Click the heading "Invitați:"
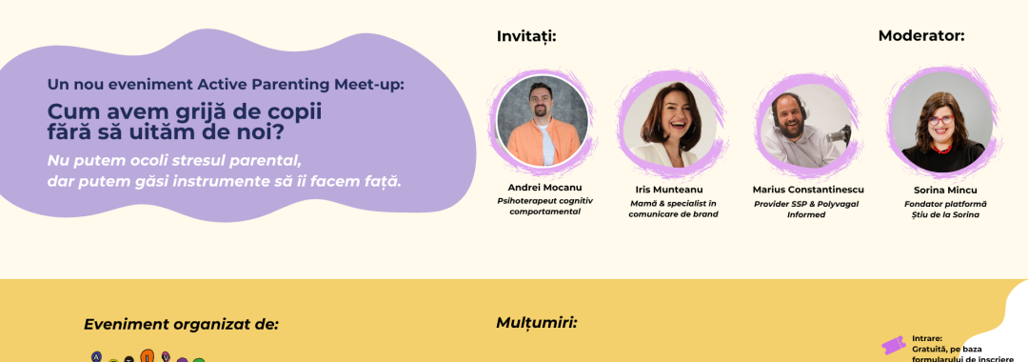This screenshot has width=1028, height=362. (x=526, y=37)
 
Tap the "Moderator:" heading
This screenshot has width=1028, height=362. (x=921, y=37)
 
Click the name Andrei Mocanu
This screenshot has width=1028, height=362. (x=544, y=188)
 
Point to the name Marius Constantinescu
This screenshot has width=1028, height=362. (x=808, y=191)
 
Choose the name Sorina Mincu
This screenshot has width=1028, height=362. (x=945, y=191)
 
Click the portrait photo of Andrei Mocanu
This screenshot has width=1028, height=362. (x=543, y=121)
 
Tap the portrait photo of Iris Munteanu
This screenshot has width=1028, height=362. (x=671, y=124)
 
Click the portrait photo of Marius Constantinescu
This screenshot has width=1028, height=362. (x=807, y=125)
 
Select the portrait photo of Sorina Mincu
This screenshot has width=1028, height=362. (x=942, y=123)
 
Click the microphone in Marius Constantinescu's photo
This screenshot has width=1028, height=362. (x=838, y=136)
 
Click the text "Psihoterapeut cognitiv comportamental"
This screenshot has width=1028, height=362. (x=544, y=206)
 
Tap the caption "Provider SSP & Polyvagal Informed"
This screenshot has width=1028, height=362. (x=806, y=210)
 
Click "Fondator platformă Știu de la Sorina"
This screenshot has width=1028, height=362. (x=945, y=210)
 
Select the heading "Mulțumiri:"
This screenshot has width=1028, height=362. (x=536, y=323)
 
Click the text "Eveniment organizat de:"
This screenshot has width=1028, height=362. (x=181, y=325)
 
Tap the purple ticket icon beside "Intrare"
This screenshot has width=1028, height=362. (x=894, y=345)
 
